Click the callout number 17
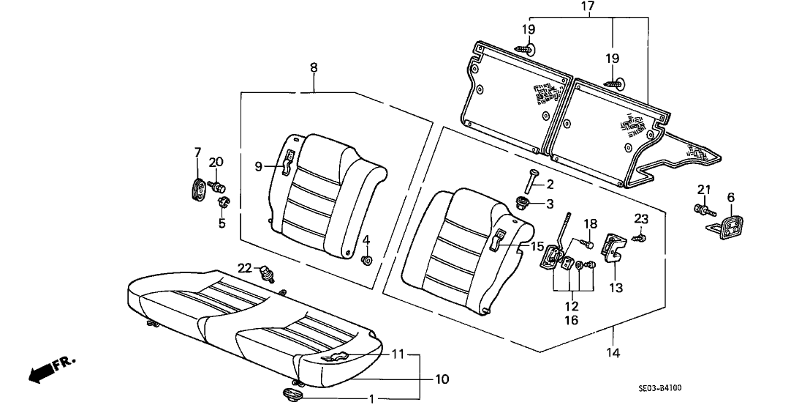tap(588, 8)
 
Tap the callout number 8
tap(314, 68)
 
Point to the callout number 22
tap(244, 267)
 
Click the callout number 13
tap(616, 289)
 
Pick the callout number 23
tap(641, 218)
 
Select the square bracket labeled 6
tap(727, 226)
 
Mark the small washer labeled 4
tap(366, 259)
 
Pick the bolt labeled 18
tap(586, 242)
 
